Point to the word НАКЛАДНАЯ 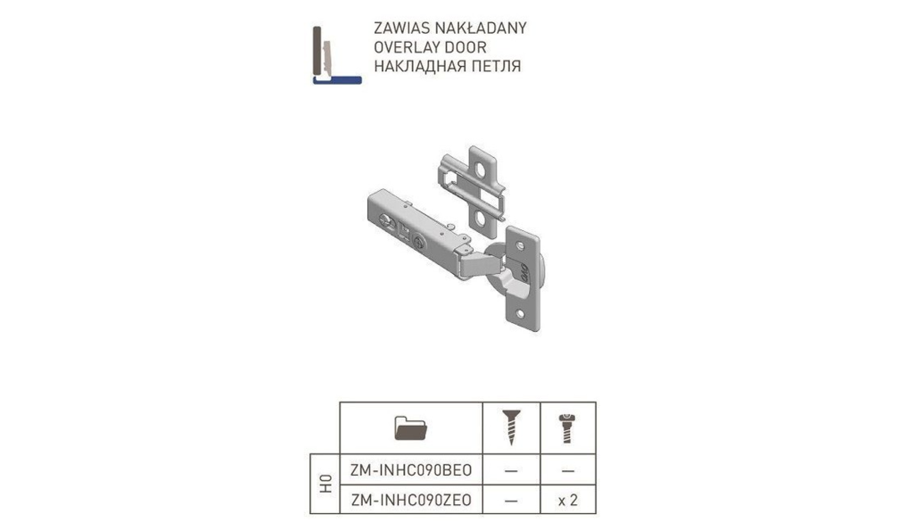413,66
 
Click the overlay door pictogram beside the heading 336,54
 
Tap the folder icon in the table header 410,428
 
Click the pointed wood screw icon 511,426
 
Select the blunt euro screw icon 567,428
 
